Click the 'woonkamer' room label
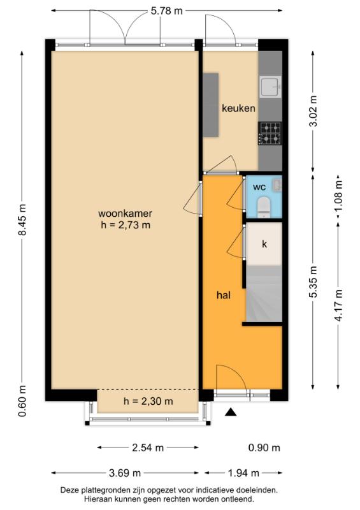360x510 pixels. pyautogui.click(x=125, y=214)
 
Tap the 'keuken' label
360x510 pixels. pyautogui.click(x=238, y=108)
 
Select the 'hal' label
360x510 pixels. pyautogui.click(x=224, y=295)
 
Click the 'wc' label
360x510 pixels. pyautogui.click(x=259, y=187)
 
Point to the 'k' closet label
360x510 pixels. pyautogui.click(x=264, y=244)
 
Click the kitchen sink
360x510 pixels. pyautogui.click(x=270, y=87)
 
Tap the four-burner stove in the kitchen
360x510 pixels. pyautogui.click(x=270, y=133)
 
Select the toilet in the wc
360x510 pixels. pyautogui.click(x=264, y=207)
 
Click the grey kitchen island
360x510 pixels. pyautogui.click(x=211, y=105)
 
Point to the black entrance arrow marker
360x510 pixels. pyautogui.click(x=231, y=412)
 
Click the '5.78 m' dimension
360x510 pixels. pyautogui.click(x=166, y=11)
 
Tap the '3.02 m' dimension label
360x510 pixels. pyautogui.click(x=313, y=111)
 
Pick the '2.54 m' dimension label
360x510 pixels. pyautogui.click(x=148, y=448)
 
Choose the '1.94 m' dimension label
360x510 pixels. pyautogui.click(x=243, y=472)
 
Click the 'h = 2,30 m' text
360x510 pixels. pyautogui.click(x=148, y=401)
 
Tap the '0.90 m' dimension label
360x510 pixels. pyautogui.click(x=264, y=448)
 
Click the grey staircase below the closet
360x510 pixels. pyautogui.click(x=264, y=293)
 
